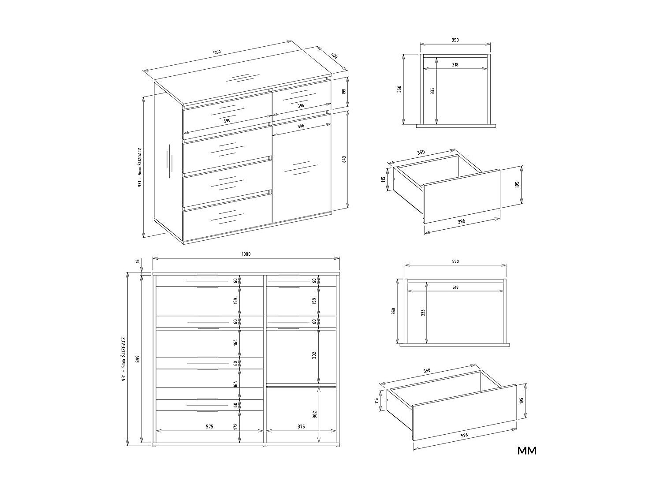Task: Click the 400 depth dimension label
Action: tap(334, 56)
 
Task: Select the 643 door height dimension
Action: tap(344, 159)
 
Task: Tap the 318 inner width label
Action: tap(455, 64)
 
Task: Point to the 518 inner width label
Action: tap(455, 287)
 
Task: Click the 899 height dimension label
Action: tap(138, 359)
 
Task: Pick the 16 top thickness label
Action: tap(138, 261)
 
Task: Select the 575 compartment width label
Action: tap(209, 427)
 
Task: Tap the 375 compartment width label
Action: tap(301, 427)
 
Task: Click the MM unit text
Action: tap(527, 451)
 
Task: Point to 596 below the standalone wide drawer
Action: tap(464, 435)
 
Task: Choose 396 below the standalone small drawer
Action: tap(462, 221)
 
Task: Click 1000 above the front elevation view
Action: tap(246, 254)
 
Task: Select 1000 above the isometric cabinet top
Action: tap(216, 52)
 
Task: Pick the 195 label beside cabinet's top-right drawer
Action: tap(344, 91)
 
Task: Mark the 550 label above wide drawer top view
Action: tap(455, 261)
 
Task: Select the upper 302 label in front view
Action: tap(314, 355)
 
